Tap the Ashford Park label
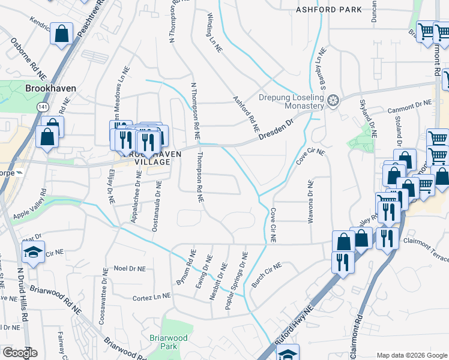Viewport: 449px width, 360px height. pos(330,10)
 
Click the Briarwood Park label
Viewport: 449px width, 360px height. pos(163,342)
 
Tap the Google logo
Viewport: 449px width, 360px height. pos(20,352)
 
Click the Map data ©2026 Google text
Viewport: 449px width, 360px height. pos(412,355)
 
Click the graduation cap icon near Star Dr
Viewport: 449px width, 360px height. pos(34,253)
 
